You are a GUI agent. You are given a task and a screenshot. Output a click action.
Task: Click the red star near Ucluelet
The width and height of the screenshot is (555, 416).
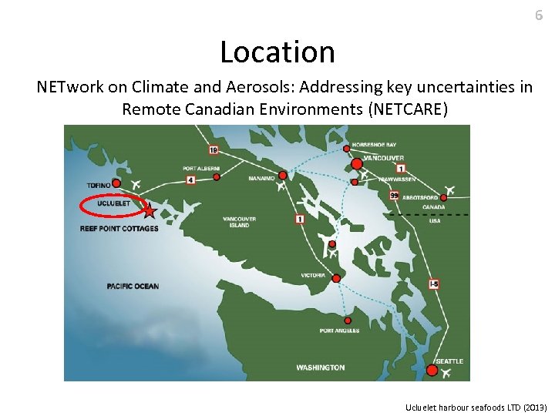tap(149, 210)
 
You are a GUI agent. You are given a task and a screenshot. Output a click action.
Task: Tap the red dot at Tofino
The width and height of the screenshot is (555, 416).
tap(116, 183)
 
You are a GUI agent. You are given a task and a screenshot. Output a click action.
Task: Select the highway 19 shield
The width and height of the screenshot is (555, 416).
tap(213, 149)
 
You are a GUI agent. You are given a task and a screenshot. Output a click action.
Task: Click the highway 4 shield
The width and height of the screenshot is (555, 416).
tap(190, 179)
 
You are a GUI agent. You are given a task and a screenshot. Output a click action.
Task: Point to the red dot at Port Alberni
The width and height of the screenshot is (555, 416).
tap(217, 176)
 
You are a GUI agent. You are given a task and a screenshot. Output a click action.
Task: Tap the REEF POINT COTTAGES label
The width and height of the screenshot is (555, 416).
tap(119, 228)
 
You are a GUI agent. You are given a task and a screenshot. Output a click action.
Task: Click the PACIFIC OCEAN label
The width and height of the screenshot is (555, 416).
tap(133, 287)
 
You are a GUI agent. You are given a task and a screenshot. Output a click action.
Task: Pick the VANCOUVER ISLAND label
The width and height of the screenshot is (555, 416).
tap(239, 222)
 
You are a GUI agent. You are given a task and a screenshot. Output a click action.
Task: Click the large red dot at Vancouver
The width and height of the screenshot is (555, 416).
tap(357, 163)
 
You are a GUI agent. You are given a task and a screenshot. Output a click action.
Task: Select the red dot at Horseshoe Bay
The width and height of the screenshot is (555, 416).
tap(346, 148)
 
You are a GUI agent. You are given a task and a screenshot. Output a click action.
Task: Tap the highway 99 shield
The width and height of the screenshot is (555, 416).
tap(394, 195)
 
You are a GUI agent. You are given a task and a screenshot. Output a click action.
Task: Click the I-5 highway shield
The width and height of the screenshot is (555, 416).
tap(434, 284)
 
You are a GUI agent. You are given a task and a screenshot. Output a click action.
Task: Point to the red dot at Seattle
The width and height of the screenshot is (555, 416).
tap(432, 371)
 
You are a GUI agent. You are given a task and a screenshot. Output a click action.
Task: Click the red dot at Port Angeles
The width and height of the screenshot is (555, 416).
tap(348, 320)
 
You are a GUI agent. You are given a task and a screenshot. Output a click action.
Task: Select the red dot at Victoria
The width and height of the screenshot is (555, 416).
tap(336, 277)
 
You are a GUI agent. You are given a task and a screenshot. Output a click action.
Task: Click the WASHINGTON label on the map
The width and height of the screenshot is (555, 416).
tap(320, 367)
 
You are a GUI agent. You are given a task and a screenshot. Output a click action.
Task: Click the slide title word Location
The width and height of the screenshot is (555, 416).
tap(277, 52)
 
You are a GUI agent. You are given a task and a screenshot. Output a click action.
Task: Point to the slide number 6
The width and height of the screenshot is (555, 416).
tap(539, 15)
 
